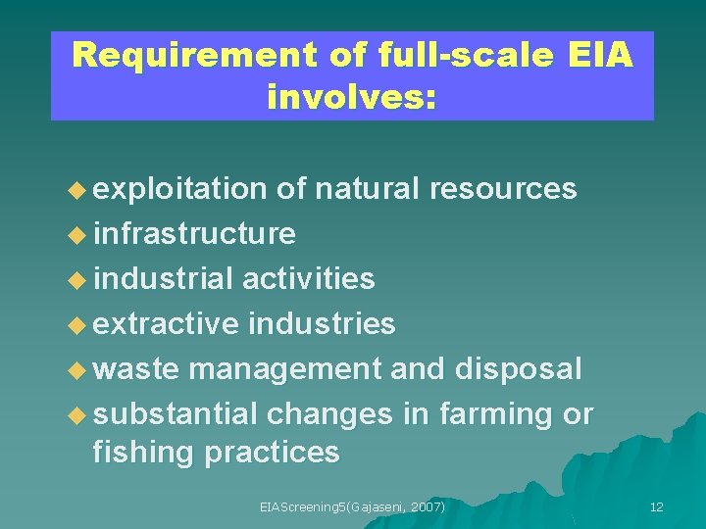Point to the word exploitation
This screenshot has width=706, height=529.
(180, 189)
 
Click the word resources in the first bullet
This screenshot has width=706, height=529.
(503, 189)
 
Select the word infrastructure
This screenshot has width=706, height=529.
(193, 233)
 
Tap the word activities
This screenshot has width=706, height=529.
(308, 278)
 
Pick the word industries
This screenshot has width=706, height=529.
(323, 323)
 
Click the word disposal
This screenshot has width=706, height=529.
(519, 369)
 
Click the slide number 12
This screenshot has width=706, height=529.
(656, 506)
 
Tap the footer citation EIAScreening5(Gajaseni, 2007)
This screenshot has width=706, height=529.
(352, 506)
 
